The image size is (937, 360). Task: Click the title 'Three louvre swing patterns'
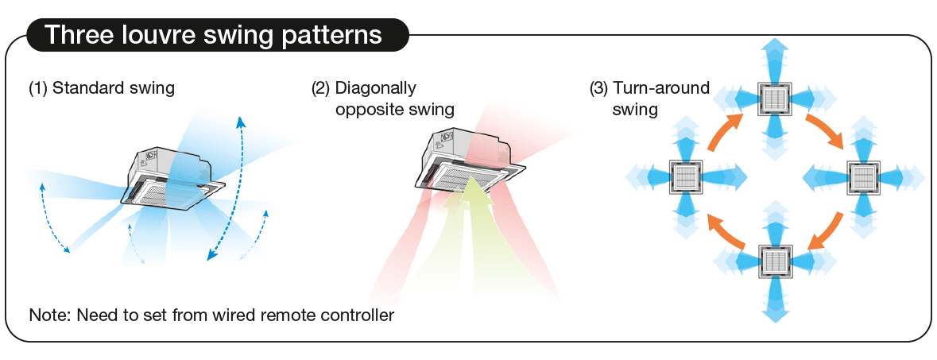click(213, 35)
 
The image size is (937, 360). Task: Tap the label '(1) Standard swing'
click(102, 88)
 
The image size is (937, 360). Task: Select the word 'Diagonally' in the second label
click(375, 88)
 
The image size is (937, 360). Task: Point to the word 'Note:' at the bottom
click(50, 315)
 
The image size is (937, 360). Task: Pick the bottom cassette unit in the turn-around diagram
click(775, 261)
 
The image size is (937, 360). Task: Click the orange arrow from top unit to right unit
click(827, 128)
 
